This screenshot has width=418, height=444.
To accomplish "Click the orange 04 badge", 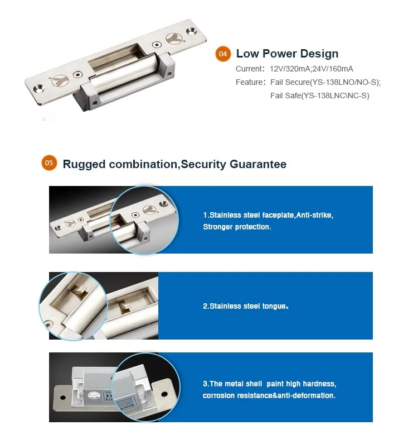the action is (223, 54).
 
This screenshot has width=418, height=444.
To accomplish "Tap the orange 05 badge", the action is (49, 163).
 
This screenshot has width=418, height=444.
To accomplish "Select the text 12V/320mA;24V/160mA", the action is (312, 69).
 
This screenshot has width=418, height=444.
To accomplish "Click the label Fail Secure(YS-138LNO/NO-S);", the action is (325, 82).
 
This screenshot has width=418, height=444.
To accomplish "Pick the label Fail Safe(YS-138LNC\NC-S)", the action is (320, 96).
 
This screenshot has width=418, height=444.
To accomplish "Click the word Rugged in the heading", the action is (84, 165).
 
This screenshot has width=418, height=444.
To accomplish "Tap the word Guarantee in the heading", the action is (257, 164).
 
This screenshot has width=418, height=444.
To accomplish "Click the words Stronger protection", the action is (237, 227).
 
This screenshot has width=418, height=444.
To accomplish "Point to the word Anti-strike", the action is (314, 215).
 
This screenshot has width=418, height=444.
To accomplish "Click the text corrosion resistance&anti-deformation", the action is (269, 395).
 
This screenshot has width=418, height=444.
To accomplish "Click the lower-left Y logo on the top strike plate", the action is (60, 80).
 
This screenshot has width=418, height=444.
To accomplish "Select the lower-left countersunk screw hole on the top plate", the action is (38, 89).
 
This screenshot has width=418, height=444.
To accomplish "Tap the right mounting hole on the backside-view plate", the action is (164, 394).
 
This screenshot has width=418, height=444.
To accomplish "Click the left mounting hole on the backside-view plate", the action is (63, 398).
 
